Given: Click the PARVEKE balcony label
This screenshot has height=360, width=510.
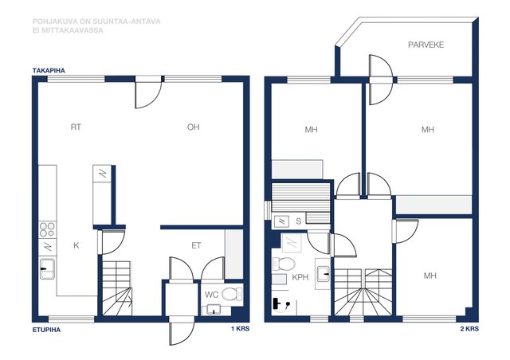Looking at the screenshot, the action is coord(426,45).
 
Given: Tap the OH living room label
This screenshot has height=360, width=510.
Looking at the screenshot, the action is coord(193,127).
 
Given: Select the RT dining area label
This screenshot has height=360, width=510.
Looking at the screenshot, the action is coord(76,127).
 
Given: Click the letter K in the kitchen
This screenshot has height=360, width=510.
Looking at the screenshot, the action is coord(76,245).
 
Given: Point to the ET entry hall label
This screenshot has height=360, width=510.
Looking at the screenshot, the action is coord(196,245).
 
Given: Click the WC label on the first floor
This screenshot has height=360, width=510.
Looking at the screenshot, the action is coord(211,295).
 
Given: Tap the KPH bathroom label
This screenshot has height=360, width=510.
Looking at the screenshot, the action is coord(300,277).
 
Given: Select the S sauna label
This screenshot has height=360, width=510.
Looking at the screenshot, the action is coord(299,221).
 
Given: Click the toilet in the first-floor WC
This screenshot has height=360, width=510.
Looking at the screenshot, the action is coord(232,295).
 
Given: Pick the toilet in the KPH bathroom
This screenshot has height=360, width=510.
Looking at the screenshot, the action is coord(284,264).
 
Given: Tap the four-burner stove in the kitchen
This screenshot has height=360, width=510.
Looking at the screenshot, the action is coord(47,229).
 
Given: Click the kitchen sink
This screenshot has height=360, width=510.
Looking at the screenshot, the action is coord(48,268).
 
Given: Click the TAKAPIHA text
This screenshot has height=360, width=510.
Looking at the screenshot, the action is coord(49,71).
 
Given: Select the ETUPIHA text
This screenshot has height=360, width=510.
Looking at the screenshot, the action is coord(46,330).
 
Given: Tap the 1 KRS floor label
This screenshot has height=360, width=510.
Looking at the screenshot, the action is coord(241,329).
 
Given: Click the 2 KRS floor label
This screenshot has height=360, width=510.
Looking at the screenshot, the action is coord(469,329).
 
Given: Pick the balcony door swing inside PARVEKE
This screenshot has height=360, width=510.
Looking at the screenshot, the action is coord(381,66).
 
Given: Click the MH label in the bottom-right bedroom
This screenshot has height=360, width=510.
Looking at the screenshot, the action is coord(430,276).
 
